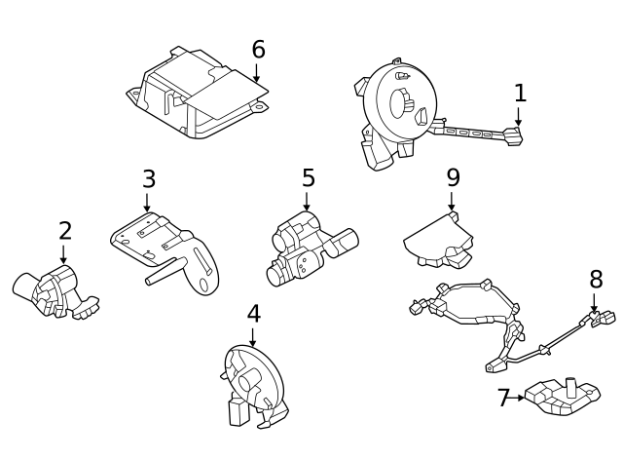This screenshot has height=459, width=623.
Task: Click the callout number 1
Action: point(520,93)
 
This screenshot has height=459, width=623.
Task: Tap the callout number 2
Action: point(64,231)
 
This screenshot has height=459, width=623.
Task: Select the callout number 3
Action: point(148,179)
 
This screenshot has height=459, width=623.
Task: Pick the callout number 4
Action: point(253,314)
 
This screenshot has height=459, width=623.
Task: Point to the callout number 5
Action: point(308,178)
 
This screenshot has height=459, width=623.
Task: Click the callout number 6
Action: point(257,50)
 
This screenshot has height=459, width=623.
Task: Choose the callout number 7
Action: point(503,398)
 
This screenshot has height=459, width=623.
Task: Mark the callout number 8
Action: point(596,280)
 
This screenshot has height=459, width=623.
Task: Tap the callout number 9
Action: point(453,177)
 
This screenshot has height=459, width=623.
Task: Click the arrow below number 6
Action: point(257,72)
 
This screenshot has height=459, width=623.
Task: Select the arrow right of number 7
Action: point(519,398)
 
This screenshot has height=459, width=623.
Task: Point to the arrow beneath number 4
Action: point(253,336)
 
